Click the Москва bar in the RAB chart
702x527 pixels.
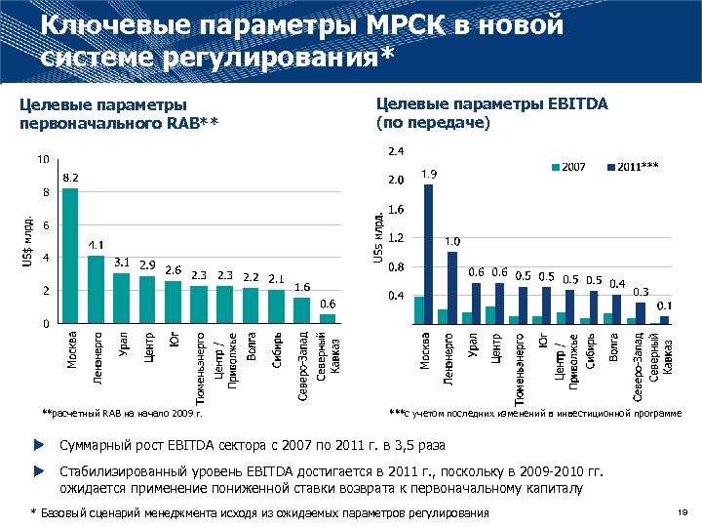pos(70,256)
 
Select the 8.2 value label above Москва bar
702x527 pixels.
pos(71,179)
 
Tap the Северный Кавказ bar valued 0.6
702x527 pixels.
pos(328,317)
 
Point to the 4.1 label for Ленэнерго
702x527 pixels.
pos(97,244)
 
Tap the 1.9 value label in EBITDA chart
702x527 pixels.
pos(429,174)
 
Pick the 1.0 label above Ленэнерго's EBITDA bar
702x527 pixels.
pos(453,240)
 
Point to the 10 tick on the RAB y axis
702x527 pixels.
pos(44,159)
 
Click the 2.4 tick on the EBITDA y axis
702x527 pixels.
pos(398,151)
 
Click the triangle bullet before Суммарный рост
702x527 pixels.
pos(39,445)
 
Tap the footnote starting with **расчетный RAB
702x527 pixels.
pos(122,414)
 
